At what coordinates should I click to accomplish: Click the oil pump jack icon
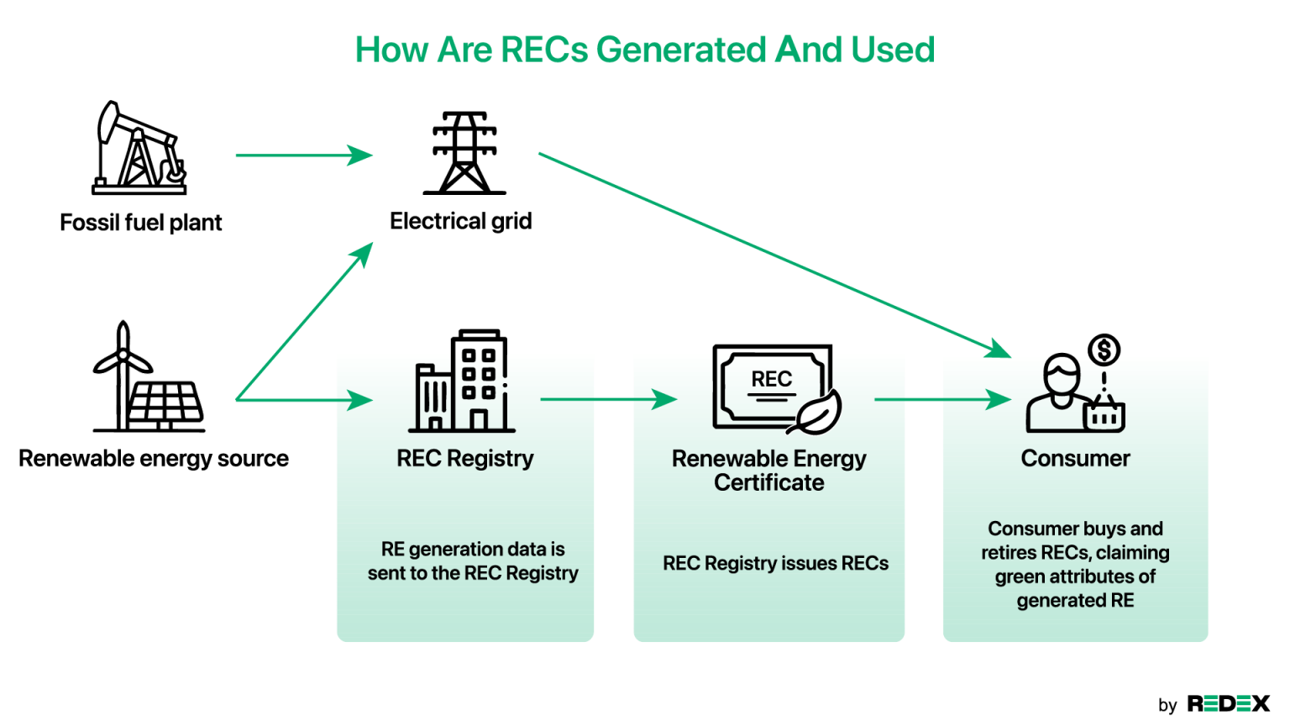click(x=139, y=149)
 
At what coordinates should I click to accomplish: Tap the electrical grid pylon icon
click(x=464, y=153)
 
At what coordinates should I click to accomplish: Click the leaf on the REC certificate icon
click(x=817, y=413)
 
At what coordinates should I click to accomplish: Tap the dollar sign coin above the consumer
click(x=1104, y=350)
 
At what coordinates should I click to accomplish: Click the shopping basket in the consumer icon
click(x=1104, y=416)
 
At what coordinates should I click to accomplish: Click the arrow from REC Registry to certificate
click(x=608, y=399)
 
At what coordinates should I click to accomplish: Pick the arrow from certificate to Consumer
click(x=941, y=399)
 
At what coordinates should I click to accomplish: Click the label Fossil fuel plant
click(x=141, y=223)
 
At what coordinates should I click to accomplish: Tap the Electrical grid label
click(x=461, y=221)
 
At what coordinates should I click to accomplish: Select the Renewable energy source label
click(x=154, y=459)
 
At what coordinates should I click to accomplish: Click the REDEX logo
click(x=1228, y=704)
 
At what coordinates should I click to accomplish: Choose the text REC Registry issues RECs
click(x=775, y=564)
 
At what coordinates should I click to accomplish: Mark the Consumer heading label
click(x=1075, y=459)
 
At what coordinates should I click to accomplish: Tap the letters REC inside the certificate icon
click(x=771, y=380)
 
